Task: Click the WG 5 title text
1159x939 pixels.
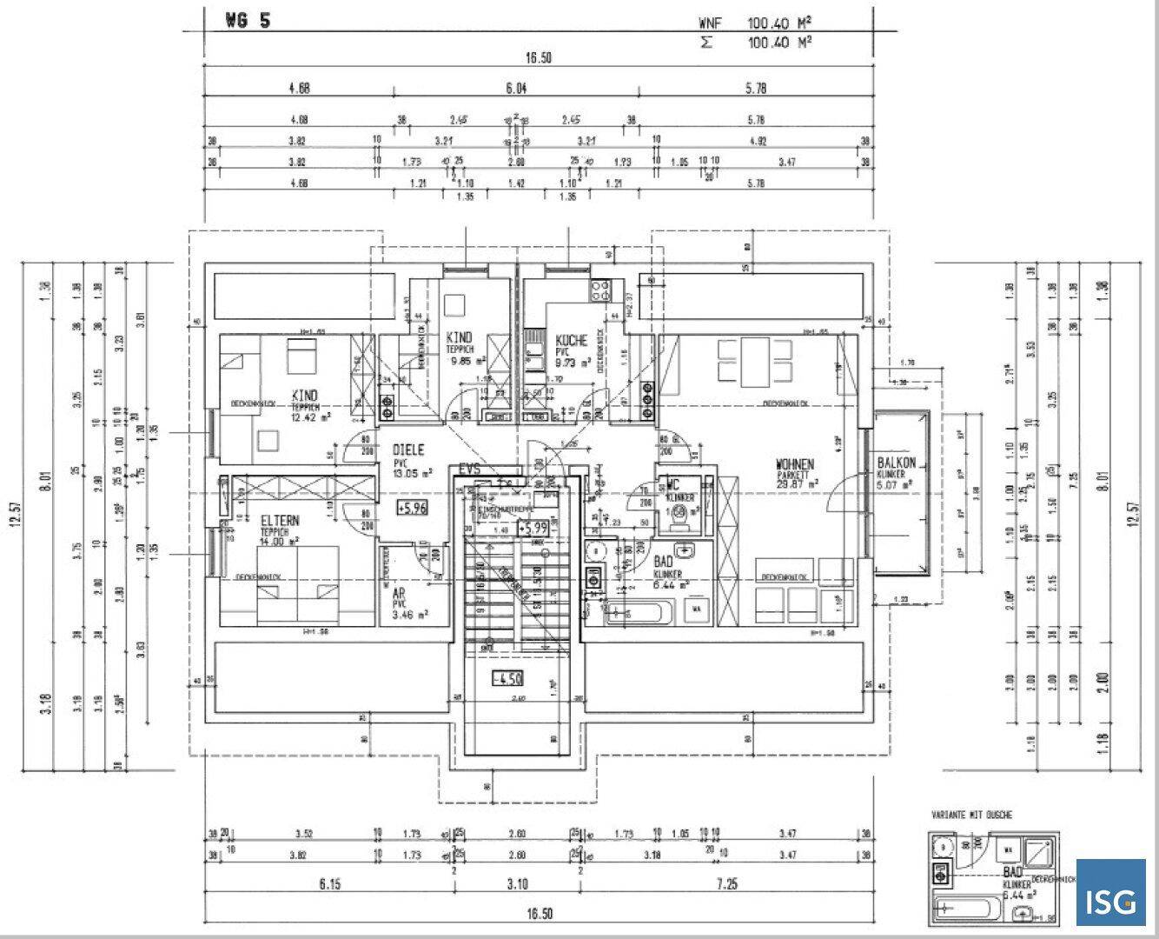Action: coord(248,22)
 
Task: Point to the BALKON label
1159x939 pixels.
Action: coord(897,464)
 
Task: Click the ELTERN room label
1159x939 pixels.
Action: coord(280,521)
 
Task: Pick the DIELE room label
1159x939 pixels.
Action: coord(408,450)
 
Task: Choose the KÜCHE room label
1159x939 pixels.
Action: coord(571,341)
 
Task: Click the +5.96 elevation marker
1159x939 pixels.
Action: coord(412,508)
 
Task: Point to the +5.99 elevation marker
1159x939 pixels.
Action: coord(532,528)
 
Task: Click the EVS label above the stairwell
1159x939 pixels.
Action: coord(470,470)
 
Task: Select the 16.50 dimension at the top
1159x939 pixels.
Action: coord(539,58)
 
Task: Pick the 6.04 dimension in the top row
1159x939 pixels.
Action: coord(517,88)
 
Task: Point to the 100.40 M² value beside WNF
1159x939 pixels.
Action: coord(779,23)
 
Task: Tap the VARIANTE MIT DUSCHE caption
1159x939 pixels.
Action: coord(971,815)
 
